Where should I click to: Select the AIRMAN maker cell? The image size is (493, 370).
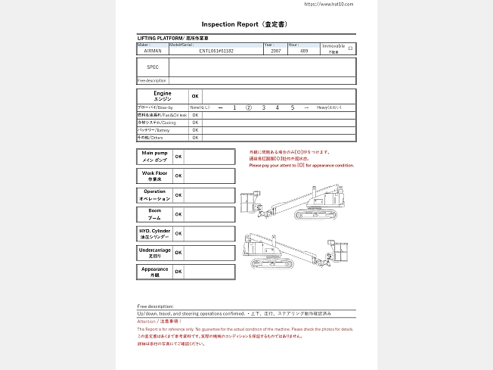click(x=152, y=51)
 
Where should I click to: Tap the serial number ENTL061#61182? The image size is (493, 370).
click(x=216, y=51)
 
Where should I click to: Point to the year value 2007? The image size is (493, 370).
click(x=276, y=51)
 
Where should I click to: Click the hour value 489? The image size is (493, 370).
click(x=304, y=51)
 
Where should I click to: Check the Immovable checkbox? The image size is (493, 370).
click(x=350, y=48)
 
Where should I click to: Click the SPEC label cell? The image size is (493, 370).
click(x=153, y=67)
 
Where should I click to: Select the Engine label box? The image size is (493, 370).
click(x=162, y=96)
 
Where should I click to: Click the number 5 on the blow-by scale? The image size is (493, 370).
click(x=292, y=108)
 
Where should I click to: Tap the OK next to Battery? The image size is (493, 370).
click(x=195, y=130)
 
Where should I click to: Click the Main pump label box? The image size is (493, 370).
click(x=154, y=156)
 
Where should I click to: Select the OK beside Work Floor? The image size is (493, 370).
click(x=178, y=176)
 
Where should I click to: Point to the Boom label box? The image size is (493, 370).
click(x=154, y=214)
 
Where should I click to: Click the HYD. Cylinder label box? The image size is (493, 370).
click(x=154, y=234)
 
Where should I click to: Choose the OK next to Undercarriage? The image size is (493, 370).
click(x=178, y=253)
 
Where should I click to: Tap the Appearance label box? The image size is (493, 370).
click(x=154, y=272)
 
